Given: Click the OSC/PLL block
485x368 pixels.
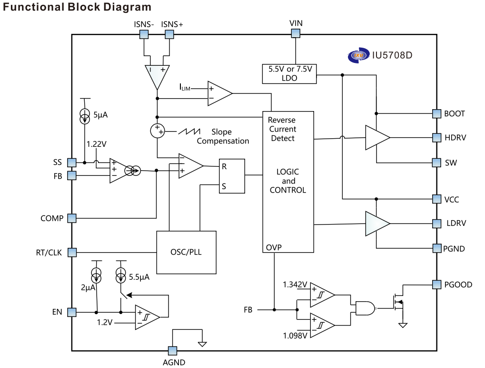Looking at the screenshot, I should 186,252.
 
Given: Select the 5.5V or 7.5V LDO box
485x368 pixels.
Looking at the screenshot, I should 289,73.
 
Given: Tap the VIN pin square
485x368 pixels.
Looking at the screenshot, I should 296,33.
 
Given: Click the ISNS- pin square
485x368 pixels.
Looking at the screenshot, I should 143,34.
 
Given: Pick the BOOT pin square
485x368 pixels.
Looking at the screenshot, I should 436,113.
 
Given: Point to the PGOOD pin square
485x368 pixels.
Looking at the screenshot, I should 436,285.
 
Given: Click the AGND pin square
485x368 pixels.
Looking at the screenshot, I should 172,350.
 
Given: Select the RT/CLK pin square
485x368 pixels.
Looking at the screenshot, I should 71,252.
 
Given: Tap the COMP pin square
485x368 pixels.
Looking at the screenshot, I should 71,218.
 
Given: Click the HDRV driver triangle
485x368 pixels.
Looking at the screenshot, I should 376,138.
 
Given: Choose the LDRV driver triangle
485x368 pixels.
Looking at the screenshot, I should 376,224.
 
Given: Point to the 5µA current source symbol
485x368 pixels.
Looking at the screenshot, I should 85,117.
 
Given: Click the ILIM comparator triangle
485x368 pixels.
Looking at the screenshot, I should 219,93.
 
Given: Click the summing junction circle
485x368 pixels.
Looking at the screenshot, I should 157,130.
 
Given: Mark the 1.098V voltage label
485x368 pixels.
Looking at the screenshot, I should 295,335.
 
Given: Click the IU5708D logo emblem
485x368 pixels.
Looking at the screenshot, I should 358,55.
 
